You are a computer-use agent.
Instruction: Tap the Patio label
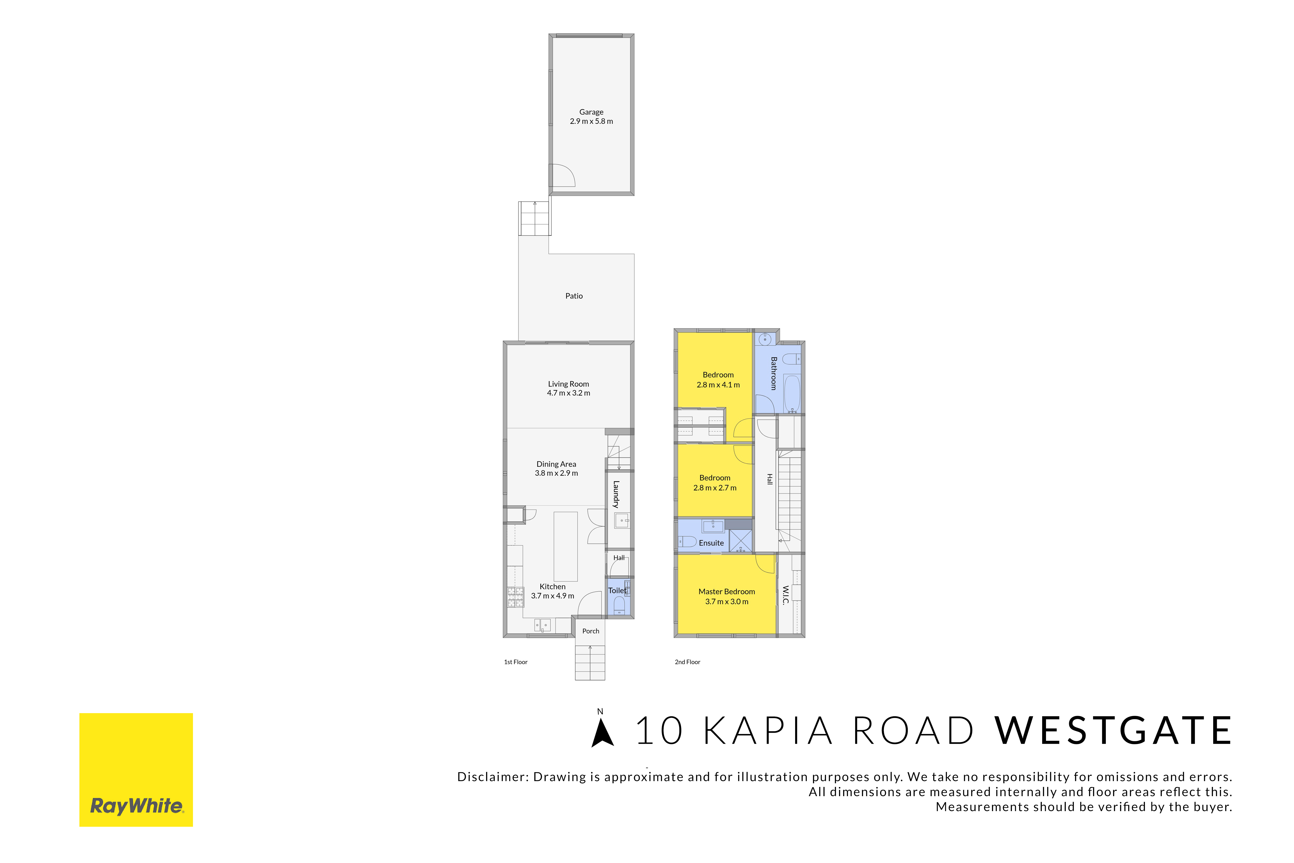(x=574, y=296)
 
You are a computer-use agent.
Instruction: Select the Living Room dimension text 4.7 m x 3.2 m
(x=568, y=393)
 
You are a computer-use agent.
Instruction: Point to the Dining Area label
(x=556, y=464)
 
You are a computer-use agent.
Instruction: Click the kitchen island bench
(x=565, y=547)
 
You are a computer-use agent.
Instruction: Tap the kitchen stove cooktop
(x=516, y=597)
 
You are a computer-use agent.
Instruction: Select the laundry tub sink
(x=622, y=520)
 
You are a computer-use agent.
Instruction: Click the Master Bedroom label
(x=727, y=592)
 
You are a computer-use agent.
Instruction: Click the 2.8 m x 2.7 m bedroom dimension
(x=715, y=488)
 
